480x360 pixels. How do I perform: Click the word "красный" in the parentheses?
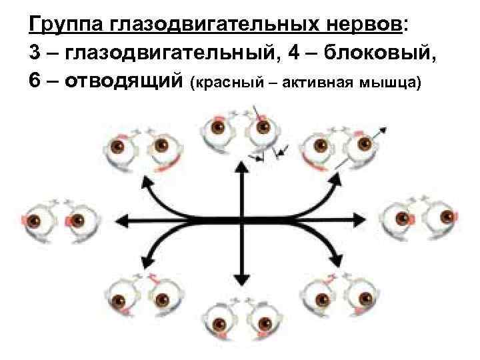point(225,83)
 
